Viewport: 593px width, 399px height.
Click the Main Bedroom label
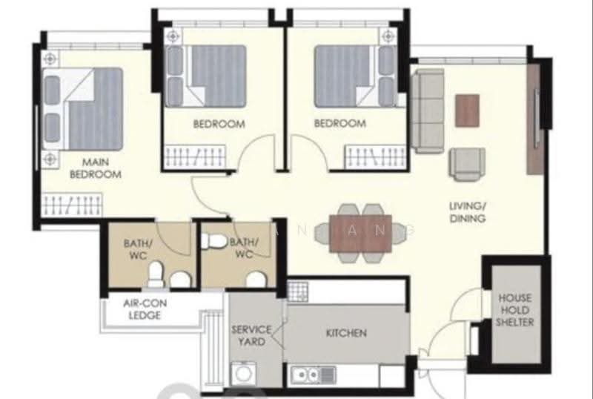point(96,168)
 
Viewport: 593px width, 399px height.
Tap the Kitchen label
point(346,333)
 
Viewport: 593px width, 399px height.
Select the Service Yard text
point(251,336)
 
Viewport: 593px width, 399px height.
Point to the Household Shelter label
point(515,310)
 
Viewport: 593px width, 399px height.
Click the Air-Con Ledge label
point(145,309)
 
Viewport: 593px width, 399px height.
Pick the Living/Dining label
point(468,212)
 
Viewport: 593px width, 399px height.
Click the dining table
point(360,234)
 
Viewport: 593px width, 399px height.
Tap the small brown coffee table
point(468,111)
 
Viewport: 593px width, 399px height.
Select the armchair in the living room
point(467,165)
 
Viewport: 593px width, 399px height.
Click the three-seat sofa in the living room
point(428,111)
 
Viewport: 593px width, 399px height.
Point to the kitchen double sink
point(313,375)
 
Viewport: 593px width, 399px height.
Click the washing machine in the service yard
point(243,374)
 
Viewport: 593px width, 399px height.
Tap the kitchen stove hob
point(298,291)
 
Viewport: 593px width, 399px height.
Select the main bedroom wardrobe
point(72,205)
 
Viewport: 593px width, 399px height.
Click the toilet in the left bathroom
point(156,274)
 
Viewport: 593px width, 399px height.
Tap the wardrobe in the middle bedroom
point(195,156)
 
